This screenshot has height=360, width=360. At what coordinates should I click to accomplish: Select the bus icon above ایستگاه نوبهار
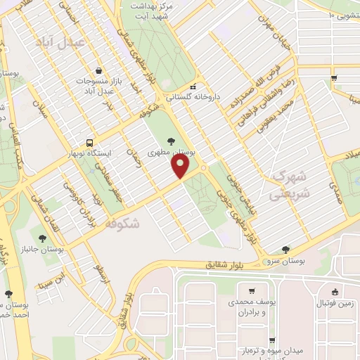(89, 141)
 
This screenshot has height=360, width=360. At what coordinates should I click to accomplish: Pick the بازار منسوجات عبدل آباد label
(99, 86)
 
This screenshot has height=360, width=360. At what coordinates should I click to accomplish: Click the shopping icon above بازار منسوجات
(99, 71)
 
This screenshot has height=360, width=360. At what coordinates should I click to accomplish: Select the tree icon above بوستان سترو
(285, 249)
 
